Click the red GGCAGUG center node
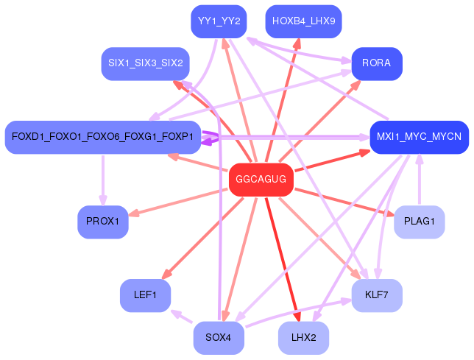tap(258, 180)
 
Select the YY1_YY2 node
tap(216, 21)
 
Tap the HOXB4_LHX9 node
tap(303, 21)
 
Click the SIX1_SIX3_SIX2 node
tap(145, 63)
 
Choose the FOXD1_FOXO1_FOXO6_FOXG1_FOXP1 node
tap(102, 137)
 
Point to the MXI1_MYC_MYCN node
tap(419, 137)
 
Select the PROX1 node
tap(102, 222)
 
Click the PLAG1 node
tap(419, 222)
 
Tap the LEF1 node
tap(145, 295)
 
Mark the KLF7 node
tap(377, 295)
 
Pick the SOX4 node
tap(219, 338)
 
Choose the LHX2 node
tap(303, 338)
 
